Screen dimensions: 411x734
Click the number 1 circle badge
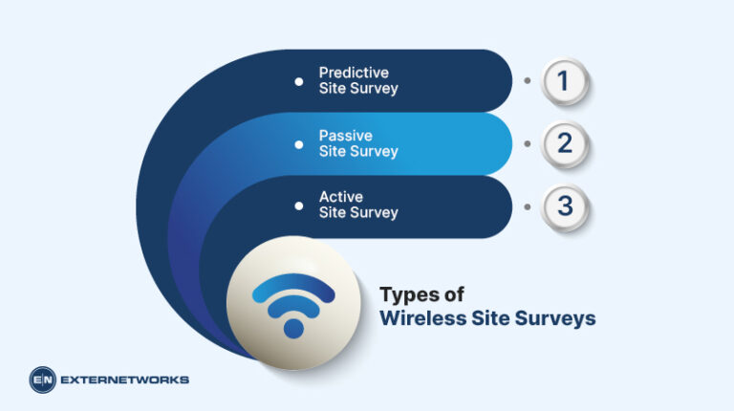pos(563,81)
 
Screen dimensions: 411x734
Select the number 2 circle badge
pos(563,143)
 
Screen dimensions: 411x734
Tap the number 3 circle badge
pos(563,205)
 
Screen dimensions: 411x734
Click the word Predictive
pos(354,73)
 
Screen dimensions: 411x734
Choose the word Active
pos(341,197)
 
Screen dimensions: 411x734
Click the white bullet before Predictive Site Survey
pos(299,81)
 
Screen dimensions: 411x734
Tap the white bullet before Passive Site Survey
pos(299,143)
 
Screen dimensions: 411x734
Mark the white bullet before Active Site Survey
pos(299,205)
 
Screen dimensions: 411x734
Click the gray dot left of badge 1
pos(527,81)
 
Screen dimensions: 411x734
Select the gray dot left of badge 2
pos(527,143)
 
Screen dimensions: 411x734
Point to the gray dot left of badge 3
pos(527,205)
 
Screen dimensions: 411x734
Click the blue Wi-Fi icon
pos(293,304)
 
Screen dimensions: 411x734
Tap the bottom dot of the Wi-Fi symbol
pos(293,327)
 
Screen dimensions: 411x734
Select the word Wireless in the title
pos(420,318)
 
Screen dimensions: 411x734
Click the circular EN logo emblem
pos(43,379)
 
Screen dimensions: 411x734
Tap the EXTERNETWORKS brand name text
pos(124,379)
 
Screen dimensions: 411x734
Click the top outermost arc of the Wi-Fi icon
pos(293,286)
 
